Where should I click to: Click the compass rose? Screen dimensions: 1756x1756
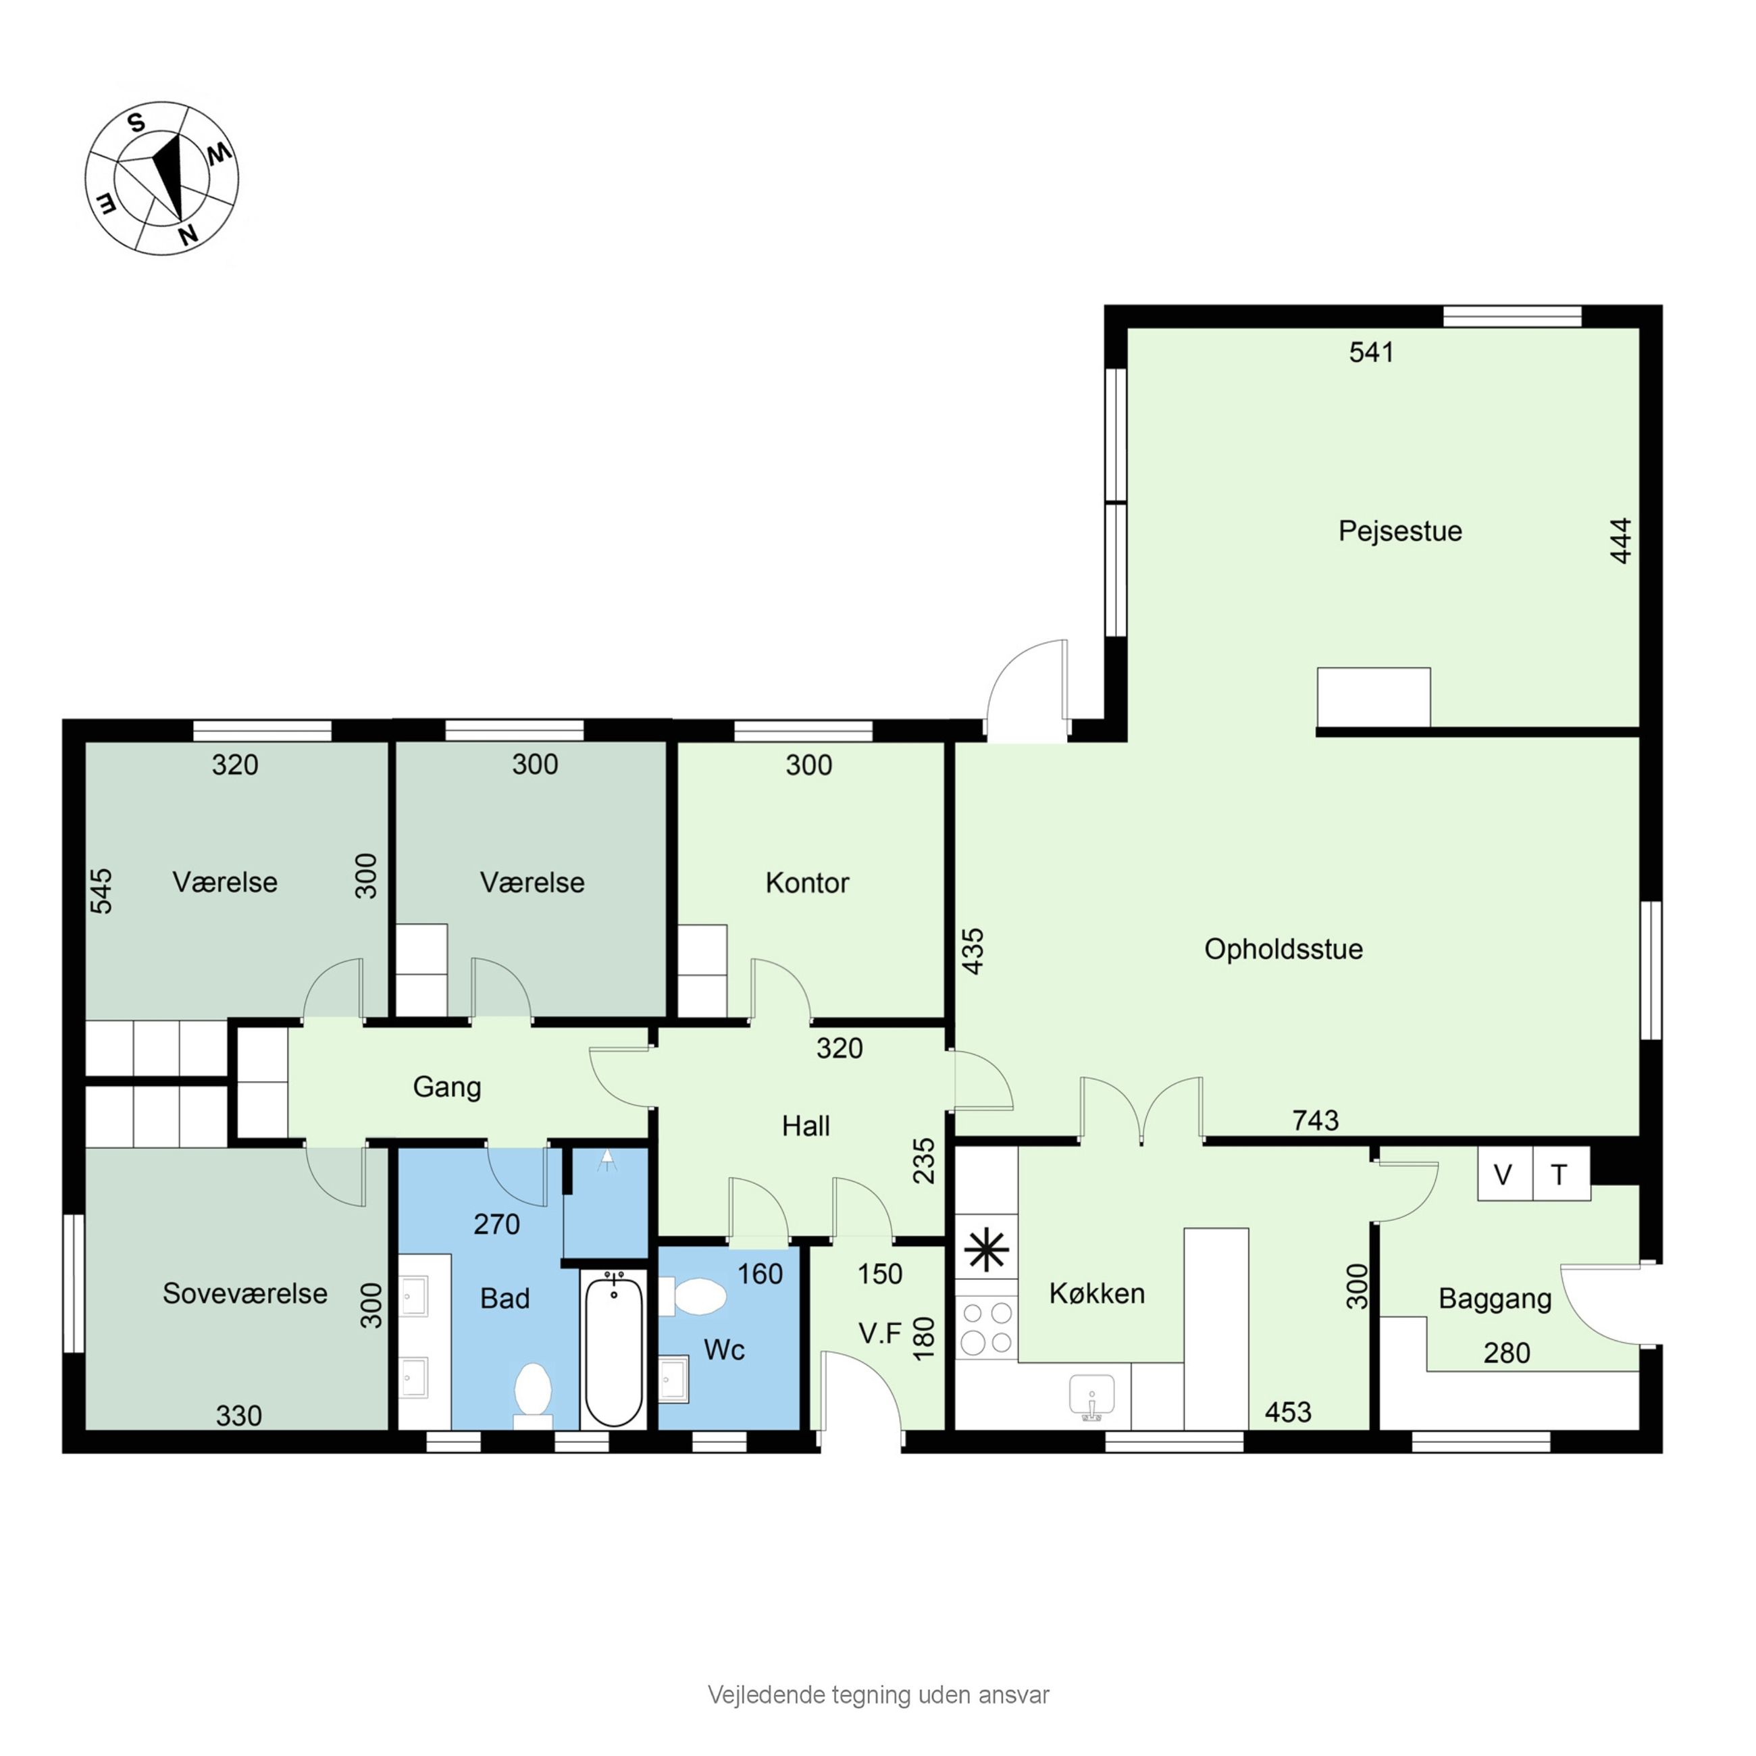click(x=162, y=178)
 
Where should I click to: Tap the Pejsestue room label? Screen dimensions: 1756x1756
click(x=1399, y=532)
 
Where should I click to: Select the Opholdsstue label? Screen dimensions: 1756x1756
click(x=1283, y=949)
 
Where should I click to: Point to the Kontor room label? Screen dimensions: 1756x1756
click(x=807, y=883)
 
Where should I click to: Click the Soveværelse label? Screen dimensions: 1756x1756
click(x=244, y=1293)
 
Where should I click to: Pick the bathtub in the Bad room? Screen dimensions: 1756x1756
click(x=613, y=1349)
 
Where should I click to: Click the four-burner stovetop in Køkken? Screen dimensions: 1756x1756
click(x=986, y=1328)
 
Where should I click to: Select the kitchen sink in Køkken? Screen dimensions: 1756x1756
click(x=1091, y=1397)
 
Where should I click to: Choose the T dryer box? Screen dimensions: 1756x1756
click(x=1561, y=1174)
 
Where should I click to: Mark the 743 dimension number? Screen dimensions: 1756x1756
click(x=1315, y=1120)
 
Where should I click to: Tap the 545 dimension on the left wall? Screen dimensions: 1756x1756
click(x=102, y=891)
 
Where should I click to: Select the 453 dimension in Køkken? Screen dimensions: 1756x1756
click(x=1288, y=1412)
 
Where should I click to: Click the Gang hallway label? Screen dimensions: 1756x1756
click(x=446, y=1087)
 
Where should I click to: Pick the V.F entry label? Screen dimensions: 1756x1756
click(x=880, y=1333)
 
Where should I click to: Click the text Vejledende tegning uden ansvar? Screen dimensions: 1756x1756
click(x=878, y=1695)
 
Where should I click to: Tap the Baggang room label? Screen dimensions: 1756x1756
click(x=1494, y=1299)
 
